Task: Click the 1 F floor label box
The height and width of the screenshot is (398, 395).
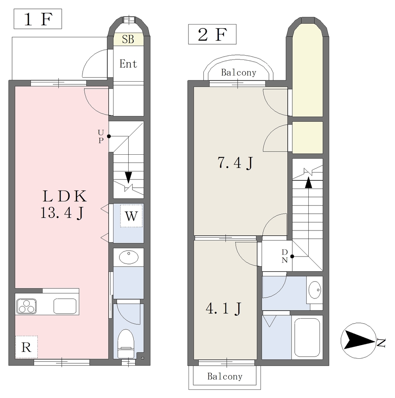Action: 38,19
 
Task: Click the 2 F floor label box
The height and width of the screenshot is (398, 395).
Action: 212,34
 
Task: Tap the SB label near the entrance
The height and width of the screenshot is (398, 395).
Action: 128,39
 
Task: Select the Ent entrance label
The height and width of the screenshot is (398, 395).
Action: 128,64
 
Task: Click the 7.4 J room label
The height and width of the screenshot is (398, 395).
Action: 235,163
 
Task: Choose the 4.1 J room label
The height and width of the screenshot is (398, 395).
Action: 224,309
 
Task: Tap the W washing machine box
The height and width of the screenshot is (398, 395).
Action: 131,216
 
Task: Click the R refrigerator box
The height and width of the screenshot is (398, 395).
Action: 26,347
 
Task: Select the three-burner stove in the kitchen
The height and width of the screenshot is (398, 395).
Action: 26,306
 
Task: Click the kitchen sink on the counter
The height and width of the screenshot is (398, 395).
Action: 65,306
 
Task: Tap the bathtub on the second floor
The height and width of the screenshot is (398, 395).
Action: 307,337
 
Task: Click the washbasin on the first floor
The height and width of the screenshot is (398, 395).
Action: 129,257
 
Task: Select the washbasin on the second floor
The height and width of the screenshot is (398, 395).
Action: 315,290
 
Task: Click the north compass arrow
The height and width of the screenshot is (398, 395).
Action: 358,340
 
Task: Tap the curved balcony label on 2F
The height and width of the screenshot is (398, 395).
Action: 239,73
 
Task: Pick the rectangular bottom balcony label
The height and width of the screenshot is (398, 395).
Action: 225,376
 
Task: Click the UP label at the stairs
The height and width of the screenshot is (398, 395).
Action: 101,136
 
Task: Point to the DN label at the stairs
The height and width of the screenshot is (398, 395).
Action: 285,256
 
